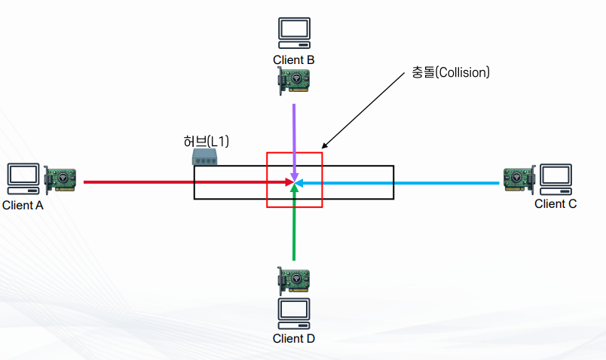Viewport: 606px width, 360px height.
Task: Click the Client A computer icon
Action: click(x=23, y=176)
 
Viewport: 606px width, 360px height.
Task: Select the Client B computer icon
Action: click(x=294, y=31)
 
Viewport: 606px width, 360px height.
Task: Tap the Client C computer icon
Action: click(x=555, y=176)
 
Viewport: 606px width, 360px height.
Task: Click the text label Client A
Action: click(x=23, y=205)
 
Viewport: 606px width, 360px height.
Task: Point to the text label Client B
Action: click(x=294, y=59)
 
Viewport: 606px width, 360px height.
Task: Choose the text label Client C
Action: click(x=555, y=203)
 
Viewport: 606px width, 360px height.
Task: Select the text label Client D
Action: click(x=294, y=338)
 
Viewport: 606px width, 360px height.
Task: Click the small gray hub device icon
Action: click(x=205, y=157)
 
